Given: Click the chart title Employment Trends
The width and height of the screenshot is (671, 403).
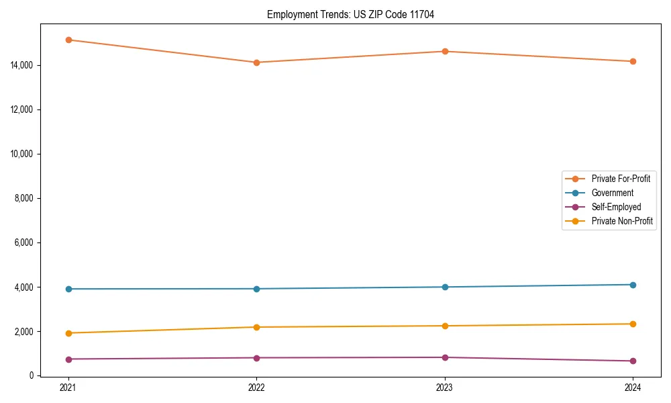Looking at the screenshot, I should click(350, 15).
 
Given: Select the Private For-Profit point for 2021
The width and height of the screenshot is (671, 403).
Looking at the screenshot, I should click(68, 40).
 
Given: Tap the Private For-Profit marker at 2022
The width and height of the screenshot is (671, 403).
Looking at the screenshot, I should click(256, 62).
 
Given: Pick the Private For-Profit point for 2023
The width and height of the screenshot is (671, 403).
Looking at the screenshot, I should click(445, 51).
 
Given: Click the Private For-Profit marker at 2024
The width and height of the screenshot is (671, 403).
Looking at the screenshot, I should click(633, 61).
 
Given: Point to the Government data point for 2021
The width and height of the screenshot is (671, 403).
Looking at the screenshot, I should click(68, 289).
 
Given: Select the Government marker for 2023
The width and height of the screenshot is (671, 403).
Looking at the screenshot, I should click(445, 287).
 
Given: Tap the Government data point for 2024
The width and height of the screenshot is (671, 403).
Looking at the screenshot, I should click(633, 285).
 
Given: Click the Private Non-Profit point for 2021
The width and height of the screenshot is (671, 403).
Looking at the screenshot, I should click(68, 333).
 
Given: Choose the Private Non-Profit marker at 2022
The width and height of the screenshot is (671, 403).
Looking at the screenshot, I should click(256, 327).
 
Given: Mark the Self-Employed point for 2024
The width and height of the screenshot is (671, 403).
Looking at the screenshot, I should click(633, 361).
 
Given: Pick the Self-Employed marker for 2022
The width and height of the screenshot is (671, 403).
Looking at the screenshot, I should click(256, 357).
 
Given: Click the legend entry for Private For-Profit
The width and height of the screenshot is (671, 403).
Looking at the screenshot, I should click(620, 179).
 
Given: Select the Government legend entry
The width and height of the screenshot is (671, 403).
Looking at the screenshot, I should click(612, 193).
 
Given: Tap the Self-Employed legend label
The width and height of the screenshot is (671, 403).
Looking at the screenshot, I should click(616, 207).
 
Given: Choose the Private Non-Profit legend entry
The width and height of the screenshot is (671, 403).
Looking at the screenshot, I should click(622, 221).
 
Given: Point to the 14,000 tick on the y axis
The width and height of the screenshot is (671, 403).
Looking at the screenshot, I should click(21, 65).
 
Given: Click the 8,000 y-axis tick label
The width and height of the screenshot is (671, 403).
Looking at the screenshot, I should click(23, 198).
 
